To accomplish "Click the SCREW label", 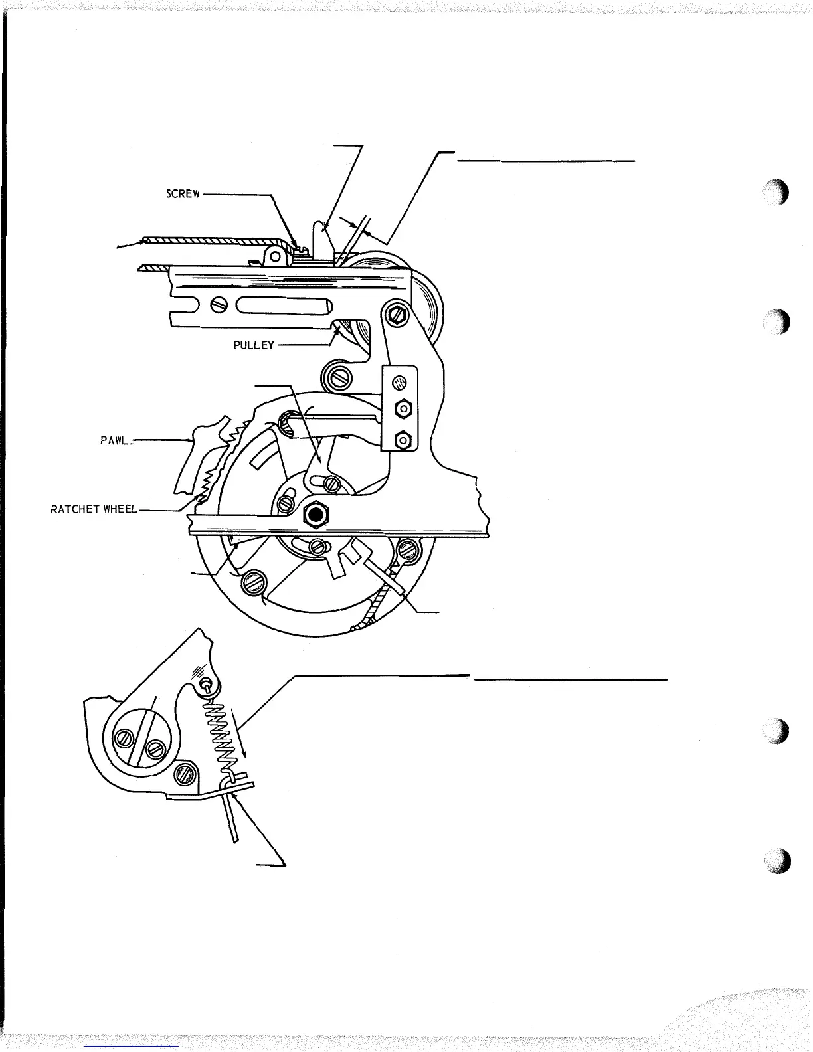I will pyautogui.click(x=183, y=195).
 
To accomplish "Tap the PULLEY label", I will pyautogui.click(x=254, y=345).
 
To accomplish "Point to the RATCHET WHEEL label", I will pyautogui.click(x=94, y=509).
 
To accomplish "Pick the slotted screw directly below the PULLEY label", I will pyautogui.click(x=337, y=378).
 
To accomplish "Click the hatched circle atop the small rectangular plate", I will pyautogui.click(x=400, y=383).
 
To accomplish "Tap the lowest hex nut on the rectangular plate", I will pyautogui.click(x=401, y=439).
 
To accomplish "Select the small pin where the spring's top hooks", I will pyautogui.click(x=209, y=682).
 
